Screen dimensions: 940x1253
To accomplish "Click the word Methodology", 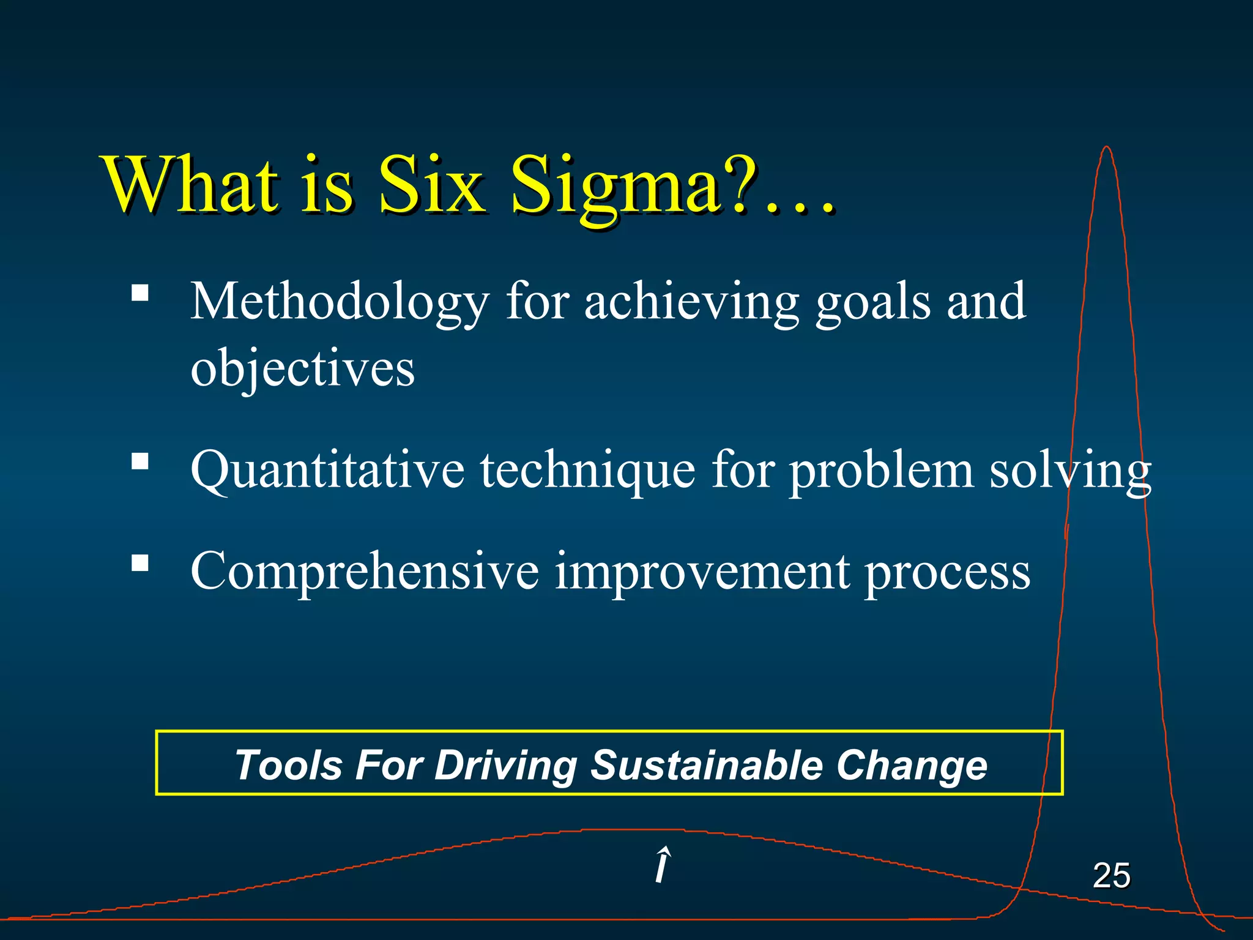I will [339, 302].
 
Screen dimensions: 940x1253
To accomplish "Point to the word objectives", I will [302, 369].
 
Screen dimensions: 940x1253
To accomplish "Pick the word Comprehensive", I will [365, 572].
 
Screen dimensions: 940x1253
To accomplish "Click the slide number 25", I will [1111, 875].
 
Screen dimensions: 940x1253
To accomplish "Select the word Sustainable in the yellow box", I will [706, 765].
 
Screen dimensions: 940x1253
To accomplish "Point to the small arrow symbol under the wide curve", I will [662, 865].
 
